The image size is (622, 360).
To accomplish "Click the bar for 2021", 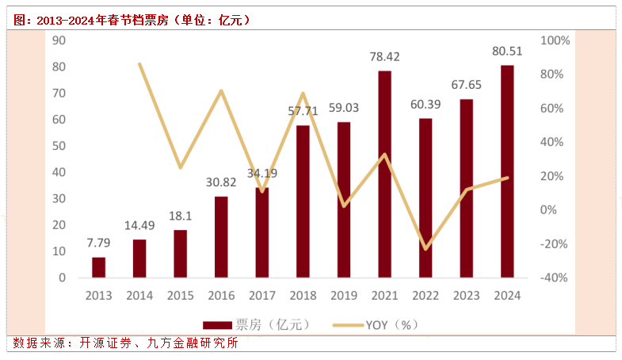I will pos(384,174).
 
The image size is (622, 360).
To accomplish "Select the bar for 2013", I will pos(98,267).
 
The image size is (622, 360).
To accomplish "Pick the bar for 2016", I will pos(221,237).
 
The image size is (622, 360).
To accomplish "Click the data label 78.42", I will pos(384,57).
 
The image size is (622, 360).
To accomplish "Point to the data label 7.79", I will pos(98,243).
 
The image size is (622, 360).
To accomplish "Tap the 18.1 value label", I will pos(180,216).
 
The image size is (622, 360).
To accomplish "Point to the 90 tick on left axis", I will pos(59,40).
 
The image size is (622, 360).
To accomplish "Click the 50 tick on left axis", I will pos(59,146).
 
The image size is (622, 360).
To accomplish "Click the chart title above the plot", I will pos(132,20).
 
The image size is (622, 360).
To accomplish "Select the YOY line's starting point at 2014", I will pos(139,64).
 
